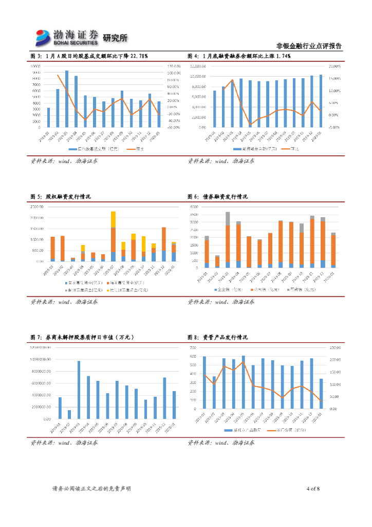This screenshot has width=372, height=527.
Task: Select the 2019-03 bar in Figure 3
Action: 67,99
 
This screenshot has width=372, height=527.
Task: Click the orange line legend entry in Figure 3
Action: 135,149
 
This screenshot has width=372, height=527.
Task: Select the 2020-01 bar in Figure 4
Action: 321,101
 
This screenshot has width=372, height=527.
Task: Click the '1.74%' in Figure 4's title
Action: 284,56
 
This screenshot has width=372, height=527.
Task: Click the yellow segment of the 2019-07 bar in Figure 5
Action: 113,219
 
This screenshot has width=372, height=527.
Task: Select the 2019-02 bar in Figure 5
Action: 62,249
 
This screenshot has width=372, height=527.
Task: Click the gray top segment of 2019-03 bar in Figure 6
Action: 228,218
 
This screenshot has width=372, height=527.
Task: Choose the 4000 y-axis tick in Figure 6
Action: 194,206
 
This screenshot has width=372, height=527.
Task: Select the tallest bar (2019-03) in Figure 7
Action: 79,390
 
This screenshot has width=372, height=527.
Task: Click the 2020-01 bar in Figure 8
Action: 321,394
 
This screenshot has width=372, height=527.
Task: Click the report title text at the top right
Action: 309,45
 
